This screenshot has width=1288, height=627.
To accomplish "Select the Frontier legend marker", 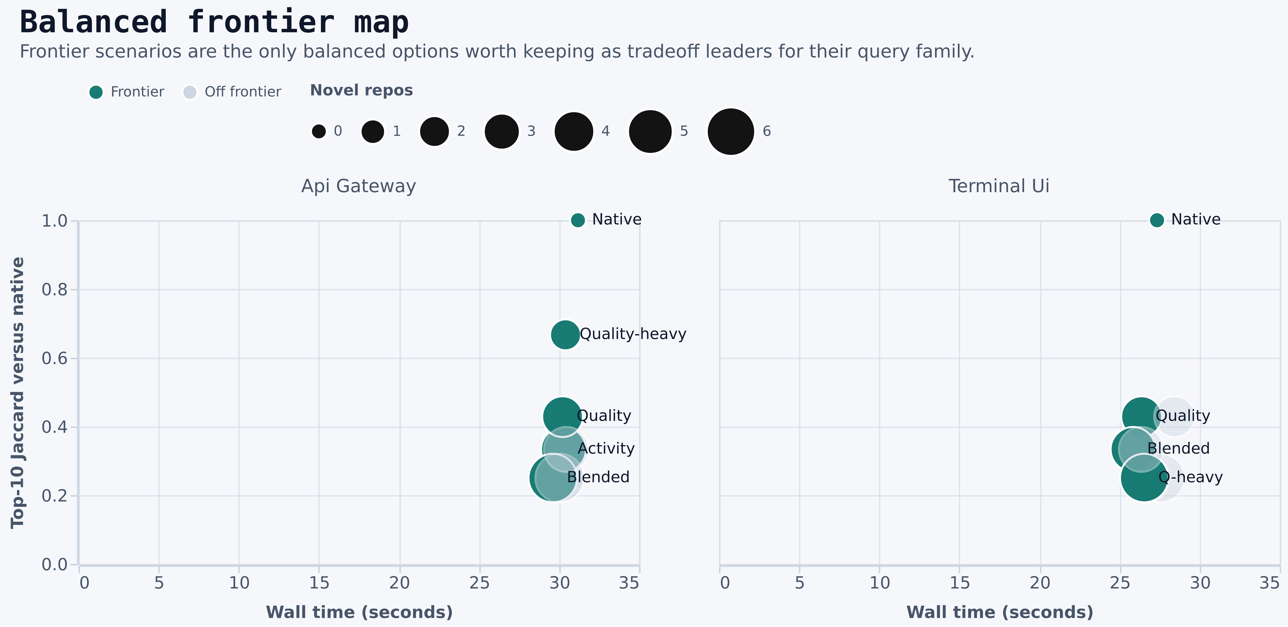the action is [96, 92].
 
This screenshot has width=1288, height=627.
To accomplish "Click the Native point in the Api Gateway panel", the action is [578, 220].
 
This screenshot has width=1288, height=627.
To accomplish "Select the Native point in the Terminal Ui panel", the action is [1157, 220].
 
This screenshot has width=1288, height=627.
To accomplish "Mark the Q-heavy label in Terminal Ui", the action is [1191, 477].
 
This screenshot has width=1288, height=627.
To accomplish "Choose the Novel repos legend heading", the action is [362, 91].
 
